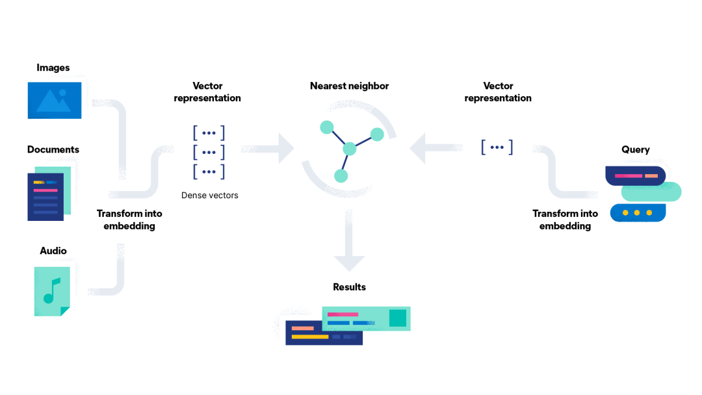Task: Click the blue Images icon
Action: pyautogui.click(x=55, y=100)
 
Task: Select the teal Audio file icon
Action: pyautogui.click(x=52, y=291)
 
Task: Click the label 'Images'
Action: pyautogui.click(x=53, y=68)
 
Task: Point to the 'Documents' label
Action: pyautogui.click(x=53, y=149)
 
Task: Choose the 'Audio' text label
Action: pyautogui.click(x=53, y=251)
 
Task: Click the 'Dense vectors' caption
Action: pyautogui.click(x=209, y=195)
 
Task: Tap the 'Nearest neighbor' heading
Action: pyautogui.click(x=349, y=86)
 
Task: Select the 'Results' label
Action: pyautogui.click(x=349, y=287)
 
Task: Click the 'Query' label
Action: pyautogui.click(x=635, y=149)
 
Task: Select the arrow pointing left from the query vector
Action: pyautogui.click(x=423, y=149)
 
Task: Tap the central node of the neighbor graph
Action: pyautogui.click(x=350, y=149)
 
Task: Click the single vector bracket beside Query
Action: pyautogui.click(x=497, y=147)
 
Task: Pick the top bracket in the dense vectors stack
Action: pyautogui.click(x=209, y=133)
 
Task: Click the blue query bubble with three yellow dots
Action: pyautogui.click(x=638, y=212)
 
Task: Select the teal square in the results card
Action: pyautogui.click(x=397, y=318)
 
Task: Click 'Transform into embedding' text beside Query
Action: pyautogui.click(x=565, y=220)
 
